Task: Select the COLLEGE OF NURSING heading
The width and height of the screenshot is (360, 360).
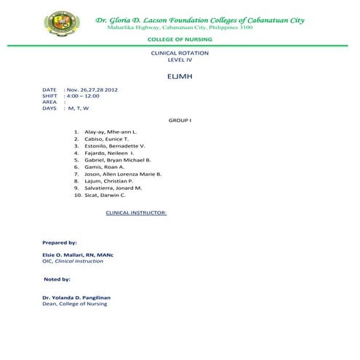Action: [x=179, y=39]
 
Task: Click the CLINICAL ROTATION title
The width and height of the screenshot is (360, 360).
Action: [x=179, y=54]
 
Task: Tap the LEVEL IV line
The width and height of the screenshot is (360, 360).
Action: [x=179, y=60]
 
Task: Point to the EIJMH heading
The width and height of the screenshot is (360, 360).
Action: [x=179, y=76]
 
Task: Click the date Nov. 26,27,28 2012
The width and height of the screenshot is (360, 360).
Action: [x=92, y=89]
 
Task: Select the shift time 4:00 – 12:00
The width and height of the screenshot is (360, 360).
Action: [x=83, y=95]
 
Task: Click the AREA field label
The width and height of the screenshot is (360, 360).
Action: [x=49, y=102]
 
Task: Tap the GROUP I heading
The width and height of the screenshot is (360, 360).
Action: [x=180, y=119]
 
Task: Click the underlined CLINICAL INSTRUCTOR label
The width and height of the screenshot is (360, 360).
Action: [x=137, y=213]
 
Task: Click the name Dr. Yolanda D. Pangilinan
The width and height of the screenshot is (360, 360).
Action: [x=79, y=297]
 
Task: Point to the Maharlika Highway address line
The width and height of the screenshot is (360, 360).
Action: [x=180, y=28]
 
